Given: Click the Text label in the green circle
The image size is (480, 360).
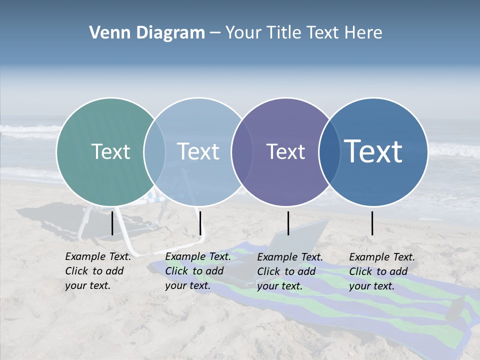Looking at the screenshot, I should tap(110, 151).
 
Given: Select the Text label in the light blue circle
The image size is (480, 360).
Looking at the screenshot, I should tap(198, 151).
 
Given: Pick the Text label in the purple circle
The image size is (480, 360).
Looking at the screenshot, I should tap(286, 151).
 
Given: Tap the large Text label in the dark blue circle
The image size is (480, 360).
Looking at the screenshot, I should tap(373, 151).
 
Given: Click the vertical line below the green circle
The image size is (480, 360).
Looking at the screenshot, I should tap(112, 223).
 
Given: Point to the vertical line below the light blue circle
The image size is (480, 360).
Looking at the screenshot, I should tap(200, 223).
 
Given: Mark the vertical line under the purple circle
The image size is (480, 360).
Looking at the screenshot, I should tap(288, 223).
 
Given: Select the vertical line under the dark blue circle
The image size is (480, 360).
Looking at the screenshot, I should tap(372, 223).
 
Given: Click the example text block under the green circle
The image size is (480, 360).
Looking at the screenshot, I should tap(98, 271).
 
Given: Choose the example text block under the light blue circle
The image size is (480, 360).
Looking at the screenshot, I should tap(198, 271).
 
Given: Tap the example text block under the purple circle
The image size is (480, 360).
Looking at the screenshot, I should tap(290, 271).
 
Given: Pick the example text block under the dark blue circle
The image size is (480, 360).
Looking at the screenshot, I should tap(382, 271).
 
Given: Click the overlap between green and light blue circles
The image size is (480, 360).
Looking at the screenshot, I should tap(154, 152).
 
